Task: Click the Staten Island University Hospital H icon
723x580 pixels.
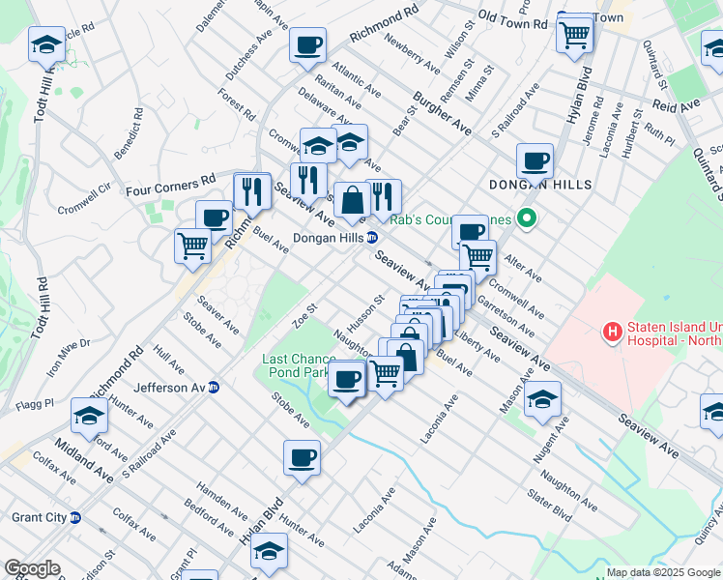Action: click(611, 333)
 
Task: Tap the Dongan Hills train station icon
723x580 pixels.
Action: click(371, 238)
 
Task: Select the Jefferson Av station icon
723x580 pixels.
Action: click(215, 388)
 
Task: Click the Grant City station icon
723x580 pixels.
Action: click(75, 518)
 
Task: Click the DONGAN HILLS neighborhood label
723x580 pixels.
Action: click(539, 184)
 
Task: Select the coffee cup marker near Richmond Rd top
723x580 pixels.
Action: click(307, 44)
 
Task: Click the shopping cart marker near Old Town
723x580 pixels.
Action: click(575, 36)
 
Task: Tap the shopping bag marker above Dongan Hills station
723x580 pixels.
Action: click(353, 200)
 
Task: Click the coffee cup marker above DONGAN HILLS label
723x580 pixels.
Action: click(535, 160)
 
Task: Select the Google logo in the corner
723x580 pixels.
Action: click(32, 568)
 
